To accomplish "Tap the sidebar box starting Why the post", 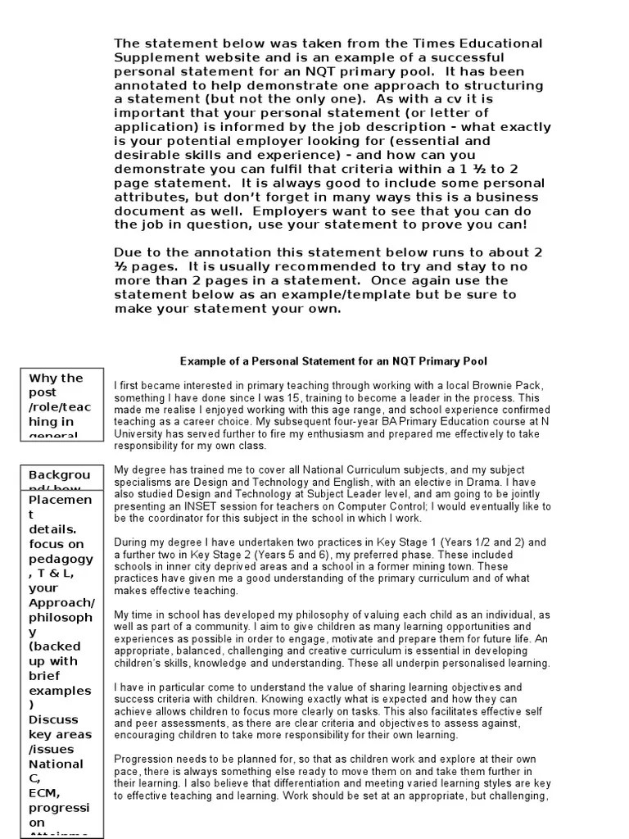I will (x=61, y=403).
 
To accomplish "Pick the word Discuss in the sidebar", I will (x=54, y=719).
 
